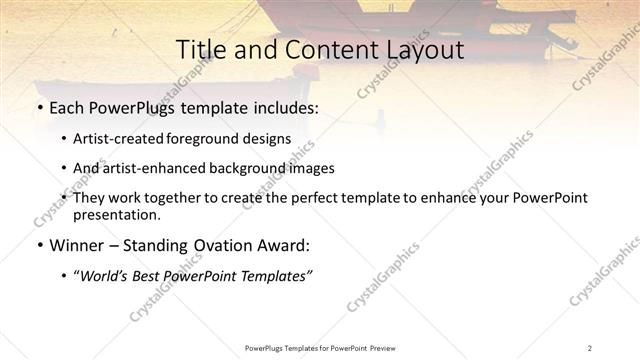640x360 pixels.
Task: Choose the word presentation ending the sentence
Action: (116, 214)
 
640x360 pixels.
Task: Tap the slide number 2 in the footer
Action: (590, 348)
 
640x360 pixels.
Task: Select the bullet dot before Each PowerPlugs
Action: (39, 107)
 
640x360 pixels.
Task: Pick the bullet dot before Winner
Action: (39, 245)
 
